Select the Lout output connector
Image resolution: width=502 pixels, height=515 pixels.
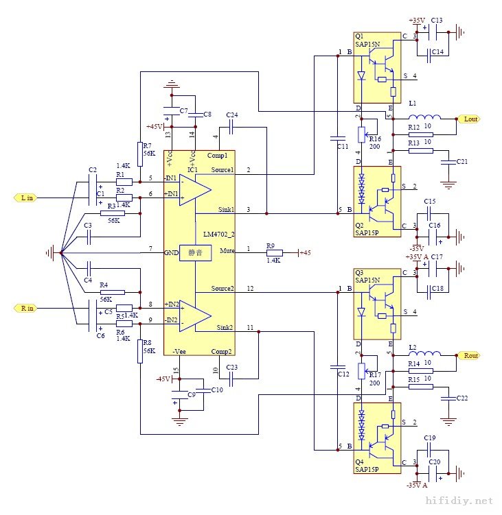tap(470, 119)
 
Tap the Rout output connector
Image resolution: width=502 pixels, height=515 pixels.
tap(470, 356)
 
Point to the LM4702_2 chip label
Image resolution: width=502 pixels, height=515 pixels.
tap(218, 235)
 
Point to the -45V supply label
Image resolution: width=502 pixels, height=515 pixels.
tap(163, 379)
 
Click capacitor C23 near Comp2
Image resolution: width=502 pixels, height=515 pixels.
tap(231, 378)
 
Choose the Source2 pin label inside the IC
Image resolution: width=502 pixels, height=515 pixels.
tap(223, 288)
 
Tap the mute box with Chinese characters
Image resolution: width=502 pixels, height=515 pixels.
tap(195, 253)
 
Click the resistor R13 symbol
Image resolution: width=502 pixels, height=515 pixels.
tap(421, 150)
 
